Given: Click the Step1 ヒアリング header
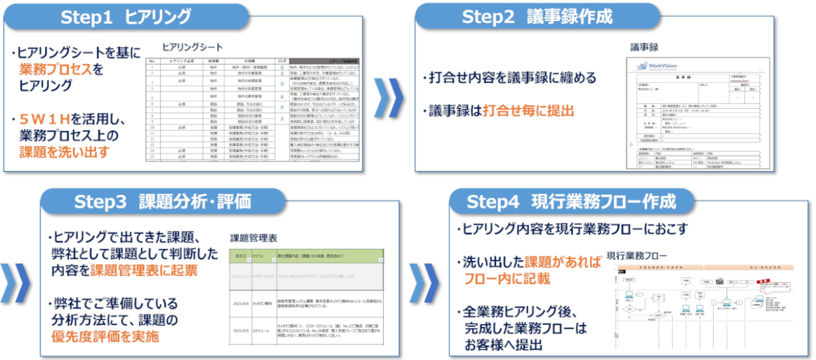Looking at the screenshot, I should tap(126, 18).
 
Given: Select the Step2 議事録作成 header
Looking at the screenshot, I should tap(536, 17).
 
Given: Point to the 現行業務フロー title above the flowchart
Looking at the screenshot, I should tap(637, 255).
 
